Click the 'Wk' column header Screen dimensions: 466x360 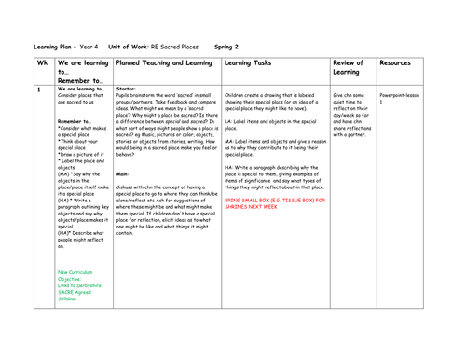(43, 63)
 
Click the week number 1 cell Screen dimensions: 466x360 (39, 89)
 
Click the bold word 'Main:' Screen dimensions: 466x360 (123, 173)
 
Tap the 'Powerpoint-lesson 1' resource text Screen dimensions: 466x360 (398, 98)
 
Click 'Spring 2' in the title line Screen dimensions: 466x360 (226, 46)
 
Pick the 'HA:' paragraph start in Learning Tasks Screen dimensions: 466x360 (229, 167)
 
